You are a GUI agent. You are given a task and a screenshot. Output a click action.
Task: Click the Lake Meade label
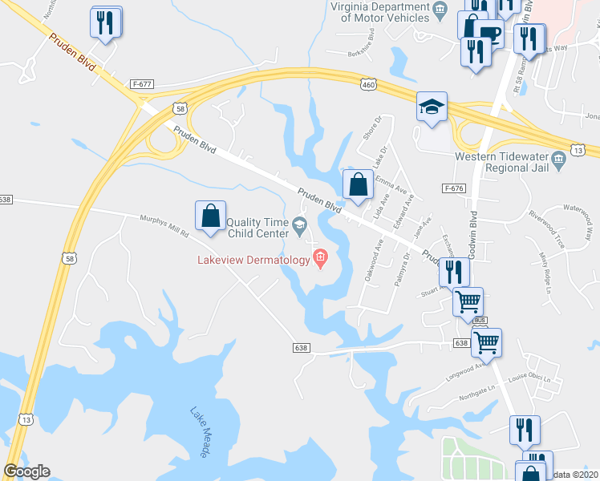(200, 433)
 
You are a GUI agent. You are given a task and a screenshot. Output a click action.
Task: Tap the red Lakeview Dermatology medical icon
(320, 259)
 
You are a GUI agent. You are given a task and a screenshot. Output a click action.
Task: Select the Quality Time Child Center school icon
(298, 227)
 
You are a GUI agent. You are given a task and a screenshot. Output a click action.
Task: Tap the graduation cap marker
(432, 107)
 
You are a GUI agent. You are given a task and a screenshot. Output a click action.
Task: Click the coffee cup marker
(489, 34)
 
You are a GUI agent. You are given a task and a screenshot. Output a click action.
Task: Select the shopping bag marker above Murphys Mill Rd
(210, 216)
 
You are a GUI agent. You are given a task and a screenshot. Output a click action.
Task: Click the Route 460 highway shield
(367, 84)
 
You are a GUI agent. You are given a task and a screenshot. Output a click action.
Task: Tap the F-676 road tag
(453, 188)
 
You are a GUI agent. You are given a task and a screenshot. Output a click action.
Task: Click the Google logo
(26, 471)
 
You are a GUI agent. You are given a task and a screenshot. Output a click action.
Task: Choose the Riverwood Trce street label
(548, 233)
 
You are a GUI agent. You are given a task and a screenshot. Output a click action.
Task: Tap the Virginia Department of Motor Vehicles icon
(439, 9)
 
